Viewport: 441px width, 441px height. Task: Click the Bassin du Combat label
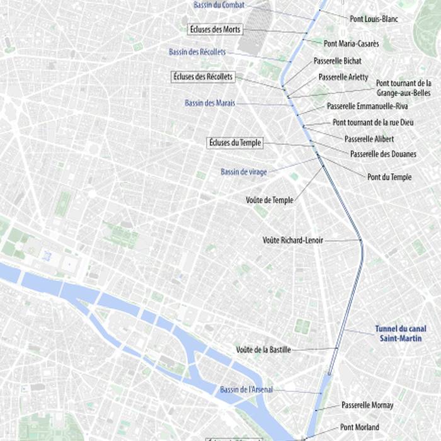219,5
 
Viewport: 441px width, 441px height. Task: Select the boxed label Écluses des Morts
215,30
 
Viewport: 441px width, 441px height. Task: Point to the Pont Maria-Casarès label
352,43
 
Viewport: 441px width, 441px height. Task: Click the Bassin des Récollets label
197,52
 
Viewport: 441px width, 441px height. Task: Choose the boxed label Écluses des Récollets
203,77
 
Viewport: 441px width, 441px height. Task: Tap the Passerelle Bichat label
338,61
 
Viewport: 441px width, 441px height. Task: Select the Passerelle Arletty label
344,77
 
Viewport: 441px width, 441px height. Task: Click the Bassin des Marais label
210,103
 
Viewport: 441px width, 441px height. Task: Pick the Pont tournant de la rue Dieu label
374,122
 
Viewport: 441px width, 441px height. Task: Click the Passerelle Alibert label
369,138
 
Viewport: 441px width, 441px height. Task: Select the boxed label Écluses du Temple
234,143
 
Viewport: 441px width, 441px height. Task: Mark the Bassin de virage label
244,171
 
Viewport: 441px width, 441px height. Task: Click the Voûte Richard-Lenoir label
292,240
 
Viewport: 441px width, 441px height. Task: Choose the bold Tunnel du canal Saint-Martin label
401,333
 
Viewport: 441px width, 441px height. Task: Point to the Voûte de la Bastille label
263,350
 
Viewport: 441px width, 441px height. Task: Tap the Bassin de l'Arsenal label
246,390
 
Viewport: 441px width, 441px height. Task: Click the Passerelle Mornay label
367,405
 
